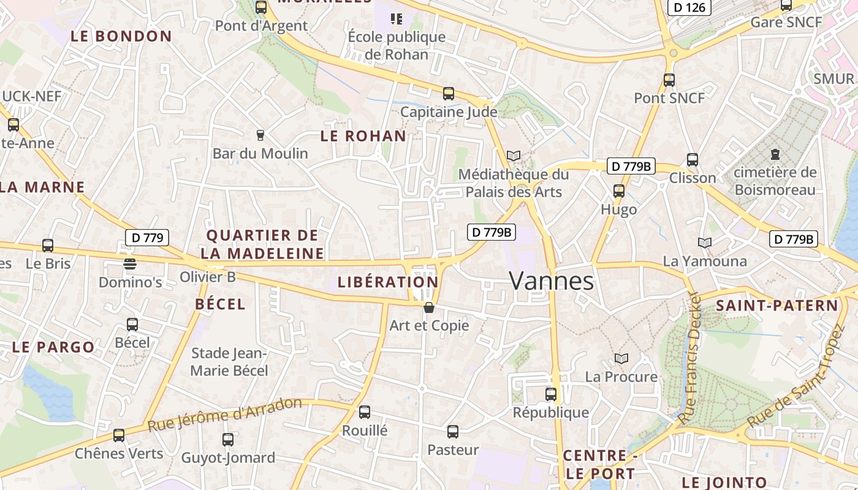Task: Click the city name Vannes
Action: [552, 281]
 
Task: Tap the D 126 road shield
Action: [689, 7]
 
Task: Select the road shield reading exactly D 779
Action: [146, 238]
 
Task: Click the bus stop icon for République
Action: [551, 394]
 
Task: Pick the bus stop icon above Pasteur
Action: [453, 432]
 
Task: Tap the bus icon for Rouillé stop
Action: [365, 412]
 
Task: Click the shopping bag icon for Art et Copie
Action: [429, 307]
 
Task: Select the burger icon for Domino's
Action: [130, 264]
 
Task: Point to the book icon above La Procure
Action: [621, 359]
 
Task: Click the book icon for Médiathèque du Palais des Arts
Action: [514, 156]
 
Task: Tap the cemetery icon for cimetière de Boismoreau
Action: [775, 154]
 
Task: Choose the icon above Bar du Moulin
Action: [260, 135]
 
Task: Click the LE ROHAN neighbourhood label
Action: [363, 136]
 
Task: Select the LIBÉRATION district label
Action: [388, 282]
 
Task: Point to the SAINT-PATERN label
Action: [776, 305]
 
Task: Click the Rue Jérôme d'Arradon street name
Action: [225, 415]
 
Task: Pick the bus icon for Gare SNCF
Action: [786, 6]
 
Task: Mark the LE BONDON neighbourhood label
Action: [121, 36]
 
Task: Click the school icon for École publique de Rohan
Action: [397, 19]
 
